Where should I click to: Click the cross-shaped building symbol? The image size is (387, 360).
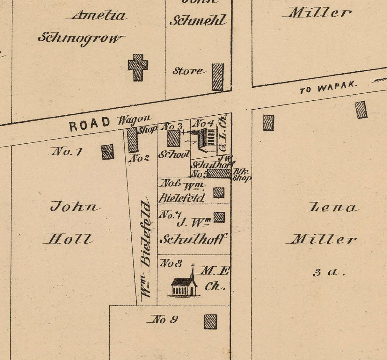(138, 67)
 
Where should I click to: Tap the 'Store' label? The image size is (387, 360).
(187, 71)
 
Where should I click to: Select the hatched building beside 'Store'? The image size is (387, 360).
(218, 77)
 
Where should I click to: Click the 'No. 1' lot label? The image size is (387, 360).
(66, 151)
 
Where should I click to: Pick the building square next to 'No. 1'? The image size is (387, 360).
(108, 152)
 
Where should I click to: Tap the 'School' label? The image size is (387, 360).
(174, 155)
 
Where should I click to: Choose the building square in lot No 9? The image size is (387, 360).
(210, 321)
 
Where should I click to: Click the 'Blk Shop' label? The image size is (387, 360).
(241, 175)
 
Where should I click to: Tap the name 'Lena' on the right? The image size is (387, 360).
(333, 208)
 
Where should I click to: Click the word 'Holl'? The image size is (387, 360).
(69, 239)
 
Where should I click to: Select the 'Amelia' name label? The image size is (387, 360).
(99, 15)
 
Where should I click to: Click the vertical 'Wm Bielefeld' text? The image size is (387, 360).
(146, 248)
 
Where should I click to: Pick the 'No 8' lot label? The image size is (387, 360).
(171, 263)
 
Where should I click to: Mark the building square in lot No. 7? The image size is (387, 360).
(219, 217)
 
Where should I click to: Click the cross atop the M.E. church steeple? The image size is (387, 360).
(193, 266)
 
